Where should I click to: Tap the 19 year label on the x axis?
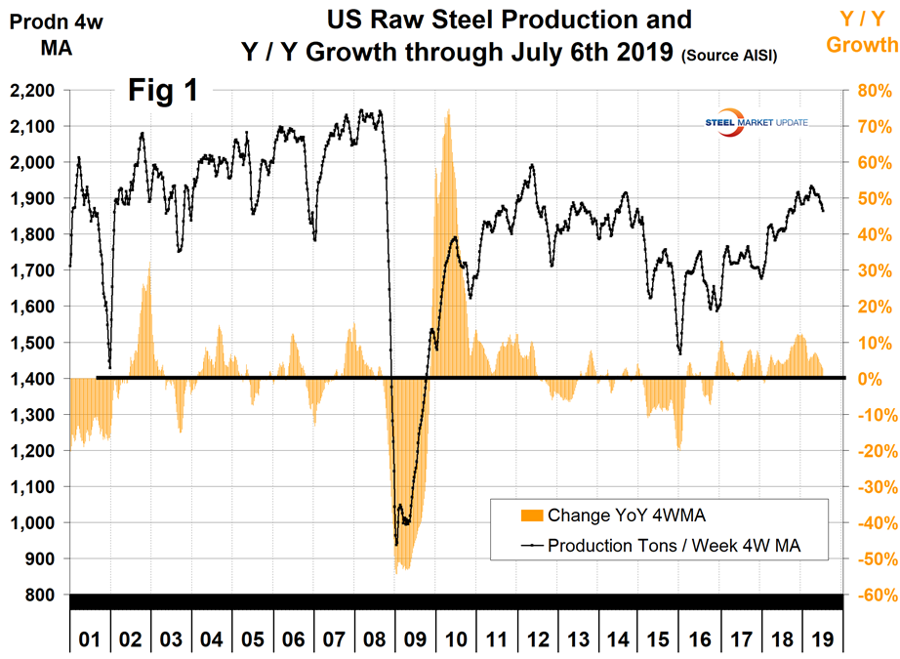pos(823,640)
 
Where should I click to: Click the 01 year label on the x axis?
pos(90,640)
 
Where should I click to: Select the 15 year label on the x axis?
pos(660,640)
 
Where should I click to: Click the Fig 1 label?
pos(163,91)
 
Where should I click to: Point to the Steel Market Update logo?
pos(756,123)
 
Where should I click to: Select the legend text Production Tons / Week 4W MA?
pos(674,546)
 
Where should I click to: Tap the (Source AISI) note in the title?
pos(730,56)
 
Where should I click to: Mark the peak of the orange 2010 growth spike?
pos(447,110)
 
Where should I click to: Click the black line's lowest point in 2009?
pos(396,544)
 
